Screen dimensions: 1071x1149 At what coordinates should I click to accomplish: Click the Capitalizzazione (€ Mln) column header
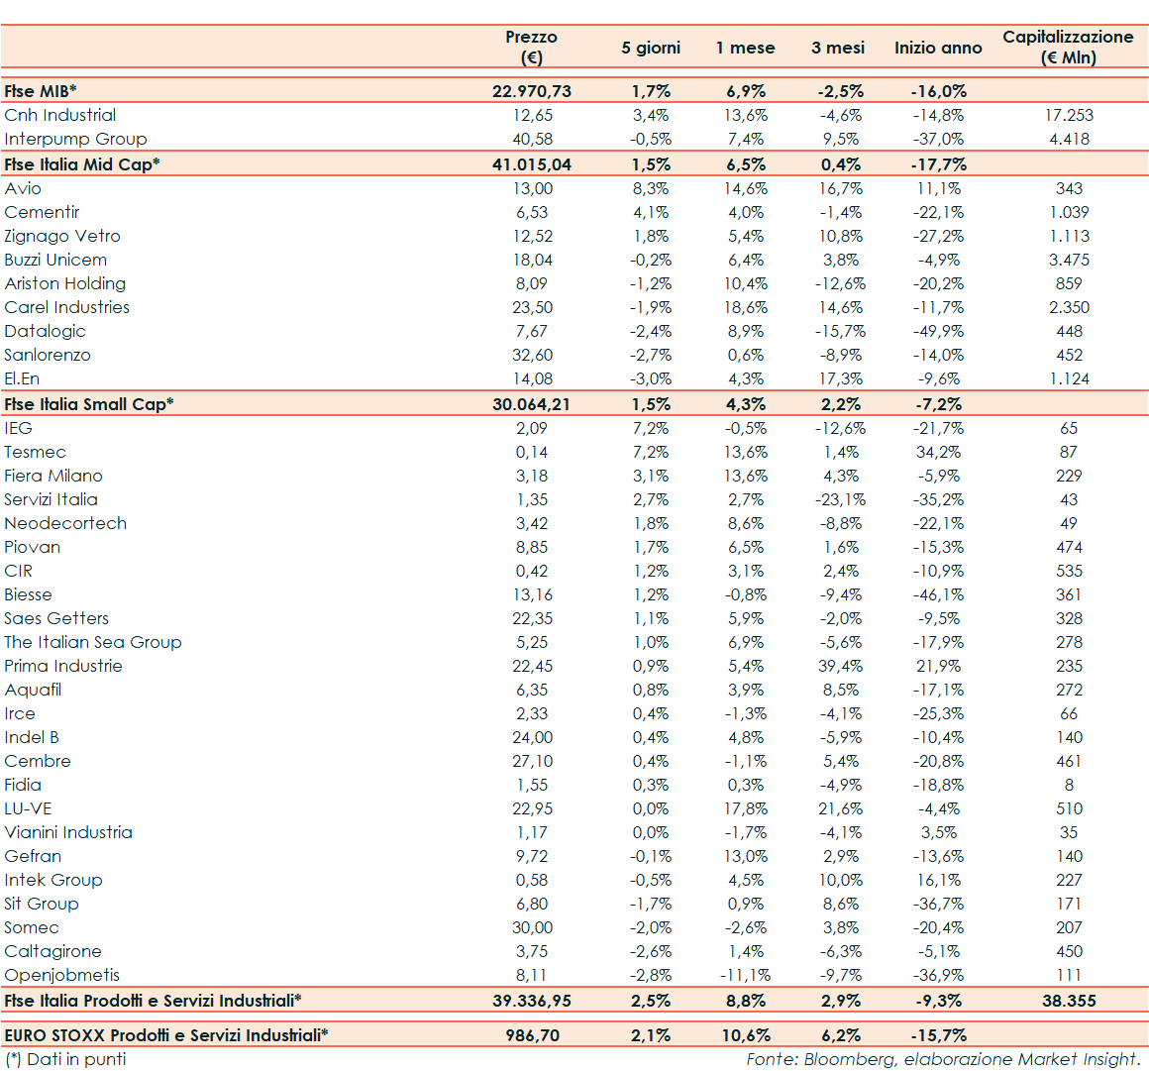point(1068,47)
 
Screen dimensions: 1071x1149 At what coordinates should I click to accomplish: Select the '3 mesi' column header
point(838,48)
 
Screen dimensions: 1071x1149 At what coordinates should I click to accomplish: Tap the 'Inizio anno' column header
point(938,48)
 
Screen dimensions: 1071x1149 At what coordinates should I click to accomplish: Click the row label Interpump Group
point(75,139)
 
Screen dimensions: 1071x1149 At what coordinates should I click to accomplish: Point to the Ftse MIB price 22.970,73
point(532,91)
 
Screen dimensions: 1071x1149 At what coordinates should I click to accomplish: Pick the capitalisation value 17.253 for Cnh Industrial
point(1069,115)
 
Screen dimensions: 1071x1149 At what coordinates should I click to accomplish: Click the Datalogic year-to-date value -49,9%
point(938,331)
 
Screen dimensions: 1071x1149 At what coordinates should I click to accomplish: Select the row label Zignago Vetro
point(62,236)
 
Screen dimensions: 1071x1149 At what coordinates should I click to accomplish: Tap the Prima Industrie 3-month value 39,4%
point(841,666)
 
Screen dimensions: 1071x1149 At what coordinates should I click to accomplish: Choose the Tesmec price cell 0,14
point(532,452)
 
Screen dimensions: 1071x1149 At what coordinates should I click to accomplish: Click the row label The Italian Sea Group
point(93,642)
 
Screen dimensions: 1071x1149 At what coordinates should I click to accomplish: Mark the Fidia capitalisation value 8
point(1069,785)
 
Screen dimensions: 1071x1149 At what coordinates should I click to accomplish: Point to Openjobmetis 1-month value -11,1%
point(745,975)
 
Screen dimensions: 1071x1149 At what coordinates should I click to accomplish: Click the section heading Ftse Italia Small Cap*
point(89,404)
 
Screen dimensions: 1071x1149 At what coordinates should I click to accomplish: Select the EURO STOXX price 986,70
point(532,1035)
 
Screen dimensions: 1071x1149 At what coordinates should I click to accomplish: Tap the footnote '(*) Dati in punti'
point(65,1059)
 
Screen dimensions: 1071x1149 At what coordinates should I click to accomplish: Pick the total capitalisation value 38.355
point(1069,1001)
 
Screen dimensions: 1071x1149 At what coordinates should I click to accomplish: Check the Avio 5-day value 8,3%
point(651,188)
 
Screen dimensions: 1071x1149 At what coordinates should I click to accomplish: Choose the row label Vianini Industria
point(68,832)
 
